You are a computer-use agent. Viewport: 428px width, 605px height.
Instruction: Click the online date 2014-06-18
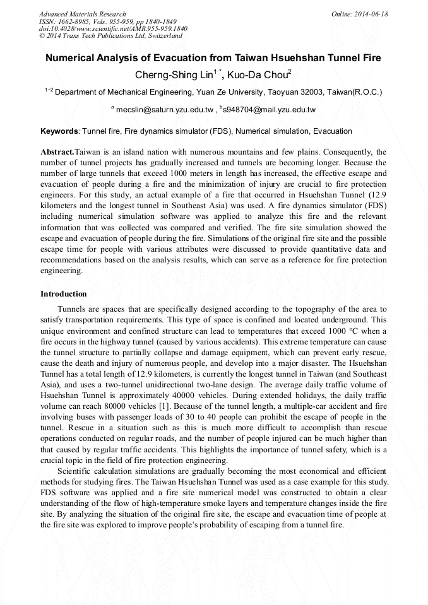point(372,14)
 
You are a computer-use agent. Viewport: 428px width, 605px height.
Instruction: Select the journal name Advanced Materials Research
point(82,14)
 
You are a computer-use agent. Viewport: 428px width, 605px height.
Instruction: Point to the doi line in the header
point(113,28)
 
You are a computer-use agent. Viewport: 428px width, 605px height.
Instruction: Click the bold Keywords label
point(59,131)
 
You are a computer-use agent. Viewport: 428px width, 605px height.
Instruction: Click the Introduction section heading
point(64,294)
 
